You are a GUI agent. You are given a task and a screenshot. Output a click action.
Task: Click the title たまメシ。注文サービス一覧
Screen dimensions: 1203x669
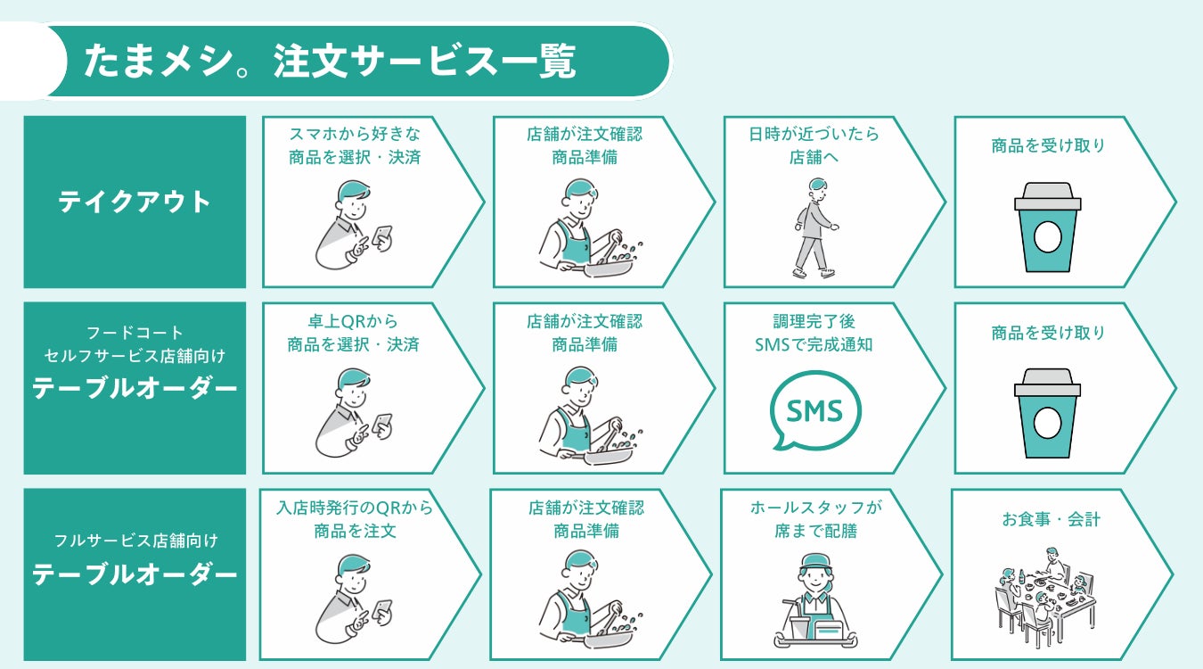(330, 62)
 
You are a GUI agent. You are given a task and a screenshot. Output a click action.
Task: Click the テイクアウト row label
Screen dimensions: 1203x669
(135, 202)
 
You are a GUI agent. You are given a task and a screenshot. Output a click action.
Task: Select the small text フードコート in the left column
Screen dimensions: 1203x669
(135, 334)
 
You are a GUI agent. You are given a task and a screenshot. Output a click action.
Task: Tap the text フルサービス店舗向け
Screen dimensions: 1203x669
(135, 541)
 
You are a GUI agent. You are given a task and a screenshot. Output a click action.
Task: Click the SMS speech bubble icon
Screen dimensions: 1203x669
(815, 410)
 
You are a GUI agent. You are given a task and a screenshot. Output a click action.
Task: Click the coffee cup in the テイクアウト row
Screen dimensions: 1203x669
(1047, 227)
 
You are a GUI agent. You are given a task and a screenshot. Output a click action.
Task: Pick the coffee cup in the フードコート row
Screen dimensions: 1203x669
(1047, 415)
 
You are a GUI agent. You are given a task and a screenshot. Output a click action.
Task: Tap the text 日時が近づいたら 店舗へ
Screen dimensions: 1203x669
(814, 145)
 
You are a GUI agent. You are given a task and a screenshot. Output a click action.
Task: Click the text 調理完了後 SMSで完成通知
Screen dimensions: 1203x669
(814, 333)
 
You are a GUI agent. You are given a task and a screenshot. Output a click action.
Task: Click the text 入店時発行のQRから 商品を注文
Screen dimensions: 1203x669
(355, 519)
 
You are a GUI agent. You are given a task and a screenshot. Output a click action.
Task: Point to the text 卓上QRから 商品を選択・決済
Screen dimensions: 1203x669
(354, 333)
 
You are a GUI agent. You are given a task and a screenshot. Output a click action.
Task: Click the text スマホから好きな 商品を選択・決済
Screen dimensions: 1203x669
(354, 145)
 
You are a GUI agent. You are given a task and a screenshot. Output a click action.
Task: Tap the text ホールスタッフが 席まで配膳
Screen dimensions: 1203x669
(815, 519)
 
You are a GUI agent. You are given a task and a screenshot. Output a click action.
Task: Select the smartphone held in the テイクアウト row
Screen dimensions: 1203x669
(382, 236)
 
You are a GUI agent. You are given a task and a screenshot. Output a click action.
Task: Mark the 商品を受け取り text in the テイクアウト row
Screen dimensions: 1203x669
(1048, 145)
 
